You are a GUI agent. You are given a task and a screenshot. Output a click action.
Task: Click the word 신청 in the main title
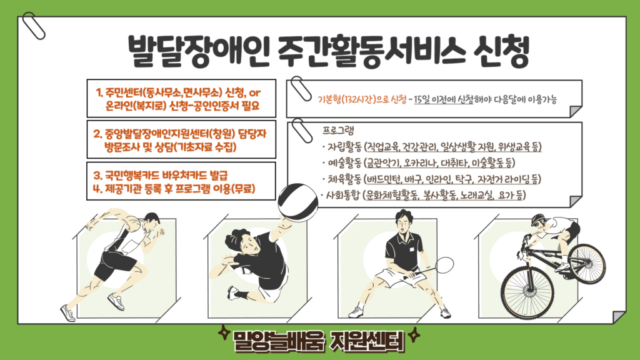501,51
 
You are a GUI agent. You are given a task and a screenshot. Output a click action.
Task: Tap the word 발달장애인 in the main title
198,51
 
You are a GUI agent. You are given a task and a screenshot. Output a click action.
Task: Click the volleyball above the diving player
297,202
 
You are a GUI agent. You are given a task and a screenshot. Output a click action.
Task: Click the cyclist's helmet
539,219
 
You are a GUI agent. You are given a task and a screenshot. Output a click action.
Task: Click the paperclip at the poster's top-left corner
34,26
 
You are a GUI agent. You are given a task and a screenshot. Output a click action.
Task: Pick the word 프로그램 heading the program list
338,131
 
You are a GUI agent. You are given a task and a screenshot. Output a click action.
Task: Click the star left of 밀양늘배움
224,332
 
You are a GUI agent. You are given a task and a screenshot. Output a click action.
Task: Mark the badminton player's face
403,223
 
